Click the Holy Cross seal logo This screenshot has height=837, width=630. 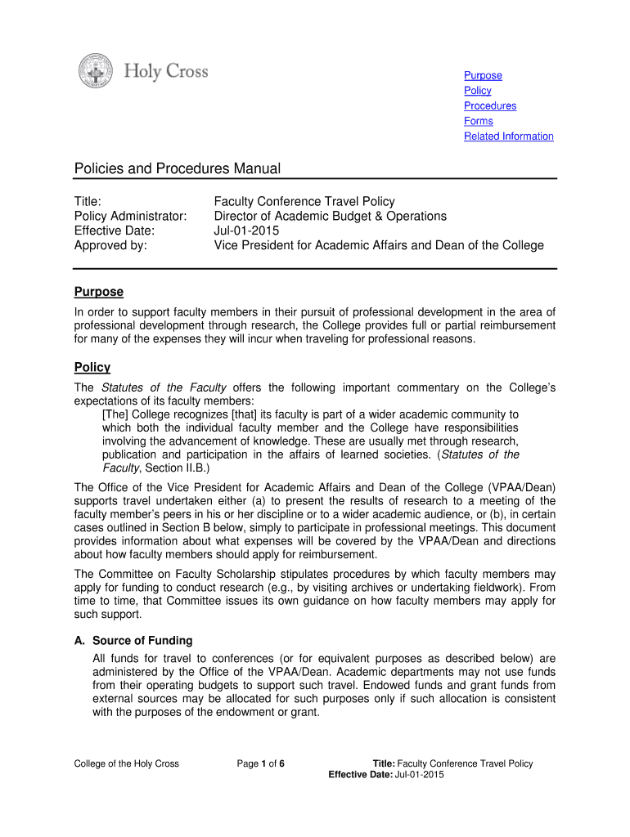[x=96, y=71]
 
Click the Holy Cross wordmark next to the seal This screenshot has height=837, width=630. [x=166, y=72]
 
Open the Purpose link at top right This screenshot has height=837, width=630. [x=483, y=76]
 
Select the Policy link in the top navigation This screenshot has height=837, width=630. [x=478, y=91]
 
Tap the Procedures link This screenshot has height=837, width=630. [x=490, y=106]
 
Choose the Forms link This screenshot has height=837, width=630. [x=479, y=121]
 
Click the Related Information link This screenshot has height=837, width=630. [x=508, y=137]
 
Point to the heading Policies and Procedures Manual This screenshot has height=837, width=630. [x=178, y=169]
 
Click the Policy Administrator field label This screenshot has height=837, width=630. [x=131, y=217]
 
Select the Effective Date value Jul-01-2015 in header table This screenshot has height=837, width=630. [x=247, y=231]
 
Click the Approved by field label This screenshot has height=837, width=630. [x=111, y=246]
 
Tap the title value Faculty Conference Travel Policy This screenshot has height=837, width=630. [x=304, y=202]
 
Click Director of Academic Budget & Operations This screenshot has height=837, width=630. [x=331, y=217]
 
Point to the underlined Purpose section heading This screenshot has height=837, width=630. [x=99, y=292]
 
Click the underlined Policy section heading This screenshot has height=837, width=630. [x=92, y=368]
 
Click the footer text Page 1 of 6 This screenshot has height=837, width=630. [x=261, y=764]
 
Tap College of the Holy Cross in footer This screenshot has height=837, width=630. [x=127, y=764]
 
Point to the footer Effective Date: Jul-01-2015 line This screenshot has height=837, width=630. [x=386, y=776]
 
